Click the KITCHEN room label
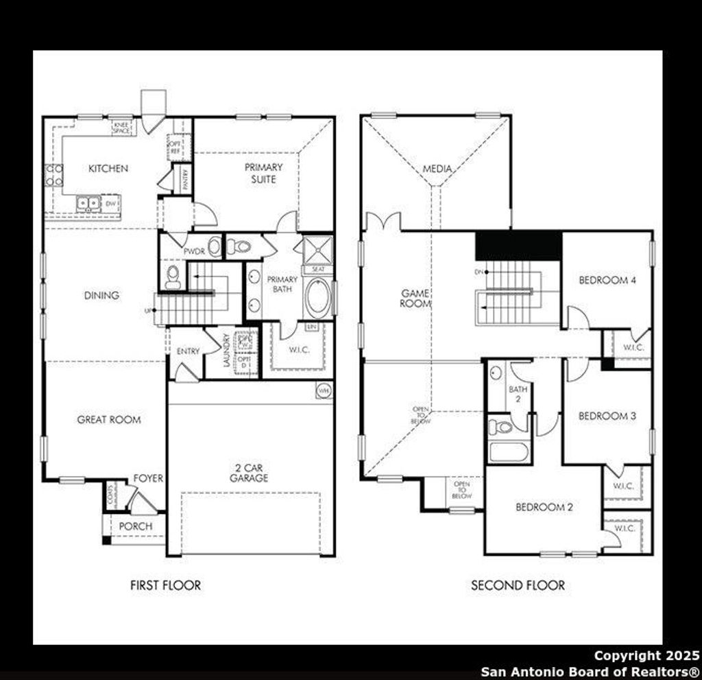tap(108, 168)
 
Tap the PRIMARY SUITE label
tap(263, 173)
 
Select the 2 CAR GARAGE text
tap(249, 473)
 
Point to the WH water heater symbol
tap(323, 391)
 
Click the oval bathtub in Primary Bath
tap(317, 297)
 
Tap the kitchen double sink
tap(88, 202)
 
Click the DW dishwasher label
tap(110, 203)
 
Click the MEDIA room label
tap(437, 169)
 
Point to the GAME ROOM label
tap(415, 298)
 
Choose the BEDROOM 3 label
tap(603, 416)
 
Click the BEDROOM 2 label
tap(544, 507)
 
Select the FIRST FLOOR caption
tap(166, 585)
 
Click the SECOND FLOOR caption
tap(518, 585)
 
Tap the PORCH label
tap(136, 526)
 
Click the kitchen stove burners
tap(54, 175)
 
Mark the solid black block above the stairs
tap(518, 245)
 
